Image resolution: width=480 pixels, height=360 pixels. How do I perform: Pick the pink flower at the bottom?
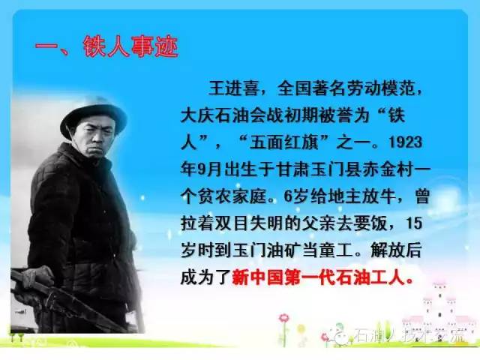(283, 319)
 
